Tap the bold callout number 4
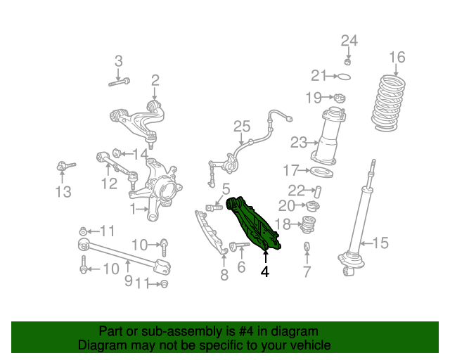pyautogui.click(x=265, y=271)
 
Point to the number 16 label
pyautogui.click(x=397, y=57)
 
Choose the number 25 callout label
pyautogui.click(x=242, y=127)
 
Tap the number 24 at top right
pyautogui.click(x=349, y=40)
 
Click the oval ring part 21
pyautogui.click(x=344, y=76)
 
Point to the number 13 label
pyautogui.click(x=63, y=192)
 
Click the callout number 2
pyautogui.click(x=155, y=80)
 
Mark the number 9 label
pyautogui.click(x=128, y=281)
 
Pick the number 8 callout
pyautogui.click(x=224, y=275)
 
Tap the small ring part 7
pyautogui.click(x=307, y=247)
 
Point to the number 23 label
pyautogui.click(x=298, y=143)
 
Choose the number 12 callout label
pyautogui.click(x=108, y=184)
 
